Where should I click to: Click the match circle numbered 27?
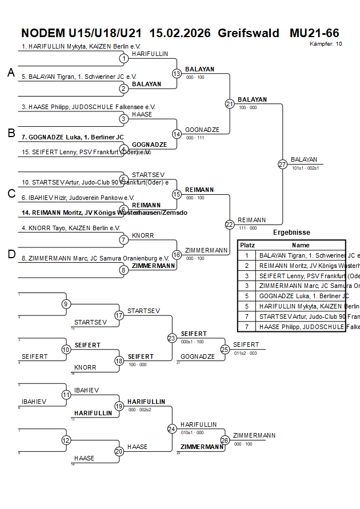pos(282,164)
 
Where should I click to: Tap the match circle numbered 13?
pos(177,74)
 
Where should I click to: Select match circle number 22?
pos(229,225)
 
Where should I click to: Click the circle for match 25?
pos(225,349)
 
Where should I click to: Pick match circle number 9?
pos(66,304)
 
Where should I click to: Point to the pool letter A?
pos(11,73)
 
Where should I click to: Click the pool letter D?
pos(11,254)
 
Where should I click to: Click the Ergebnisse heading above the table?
pos(291,233)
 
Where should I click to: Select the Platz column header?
pos(247,245)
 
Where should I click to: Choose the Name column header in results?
pos(301,245)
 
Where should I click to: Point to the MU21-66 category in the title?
pos(314,33)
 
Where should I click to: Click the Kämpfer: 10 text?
pos(326,43)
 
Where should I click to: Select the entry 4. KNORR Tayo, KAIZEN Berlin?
pos(71,228)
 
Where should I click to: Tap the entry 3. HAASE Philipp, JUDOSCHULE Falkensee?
pos(89,106)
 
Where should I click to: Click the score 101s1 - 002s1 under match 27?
pos(305,168)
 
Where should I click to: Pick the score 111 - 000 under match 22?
pos(247,228)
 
